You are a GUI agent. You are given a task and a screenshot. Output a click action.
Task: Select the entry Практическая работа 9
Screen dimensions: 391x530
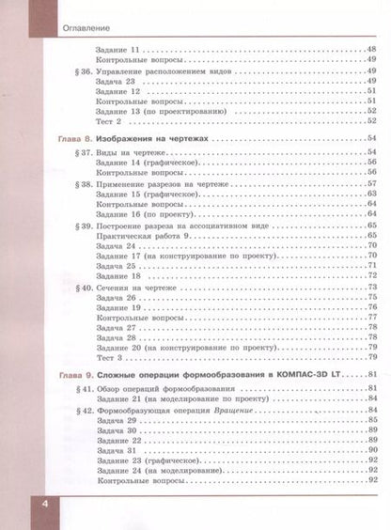[140, 239]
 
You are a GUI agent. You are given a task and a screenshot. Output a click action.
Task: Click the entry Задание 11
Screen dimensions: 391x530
[119, 49]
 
